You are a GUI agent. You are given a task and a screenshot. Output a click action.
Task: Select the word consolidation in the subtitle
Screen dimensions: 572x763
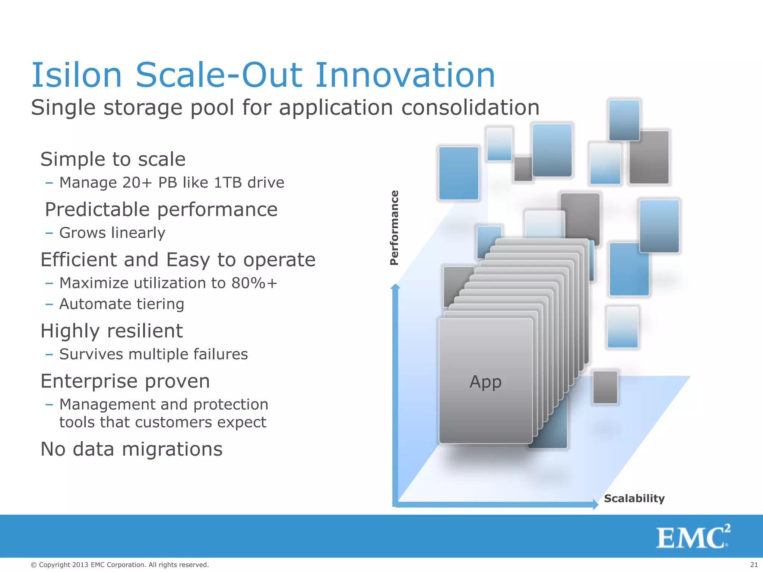[x=470, y=108]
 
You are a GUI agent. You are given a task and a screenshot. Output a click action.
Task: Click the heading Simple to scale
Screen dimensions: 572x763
[x=113, y=159]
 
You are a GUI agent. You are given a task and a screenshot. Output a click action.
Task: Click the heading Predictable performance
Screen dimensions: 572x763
[x=161, y=209]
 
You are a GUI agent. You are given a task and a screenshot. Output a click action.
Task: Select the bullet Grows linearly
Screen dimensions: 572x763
[x=112, y=233]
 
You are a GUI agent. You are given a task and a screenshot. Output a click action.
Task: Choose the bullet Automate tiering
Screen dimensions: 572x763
[x=121, y=304]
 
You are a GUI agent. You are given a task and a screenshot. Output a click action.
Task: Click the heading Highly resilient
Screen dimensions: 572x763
[x=111, y=331]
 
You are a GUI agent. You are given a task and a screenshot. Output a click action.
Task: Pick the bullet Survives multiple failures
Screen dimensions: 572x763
[x=153, y=354]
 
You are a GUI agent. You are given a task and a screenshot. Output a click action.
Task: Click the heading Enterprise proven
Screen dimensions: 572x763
[x=125, y=381]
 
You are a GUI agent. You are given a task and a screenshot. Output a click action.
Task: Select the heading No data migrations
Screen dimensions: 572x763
[x=132, y=449]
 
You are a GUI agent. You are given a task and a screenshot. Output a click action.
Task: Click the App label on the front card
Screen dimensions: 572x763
[x=485, y=382]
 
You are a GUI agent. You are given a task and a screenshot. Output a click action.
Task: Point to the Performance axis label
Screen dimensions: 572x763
[x=394, y=228]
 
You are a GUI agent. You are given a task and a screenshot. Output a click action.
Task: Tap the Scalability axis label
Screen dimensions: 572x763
[x=634, y=498]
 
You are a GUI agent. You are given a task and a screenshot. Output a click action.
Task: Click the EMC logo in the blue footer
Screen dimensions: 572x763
[x=693, y=537]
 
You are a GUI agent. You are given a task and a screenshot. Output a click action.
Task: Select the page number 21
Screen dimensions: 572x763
[x=754, y=565]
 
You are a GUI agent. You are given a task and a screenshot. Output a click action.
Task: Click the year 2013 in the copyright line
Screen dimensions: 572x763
[x=80, y=565]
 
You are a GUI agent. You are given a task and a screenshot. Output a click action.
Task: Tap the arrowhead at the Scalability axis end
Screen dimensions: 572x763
[x=595, y=505]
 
